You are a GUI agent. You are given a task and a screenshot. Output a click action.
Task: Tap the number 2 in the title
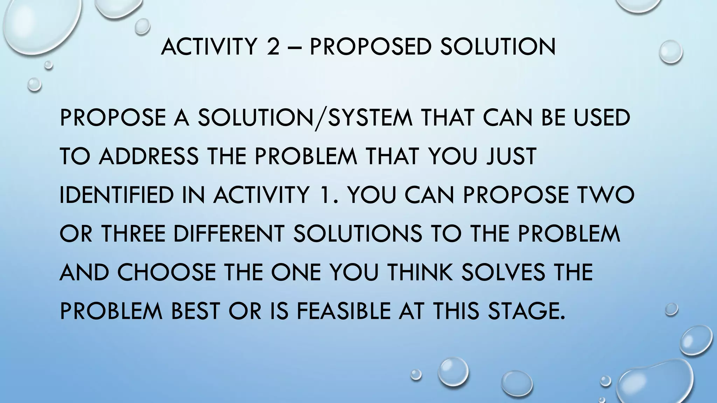(x=273, y=47)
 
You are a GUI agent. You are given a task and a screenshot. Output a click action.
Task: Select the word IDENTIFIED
(x=117, y=195)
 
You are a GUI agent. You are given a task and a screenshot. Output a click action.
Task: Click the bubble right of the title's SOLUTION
(x=670, y=52)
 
